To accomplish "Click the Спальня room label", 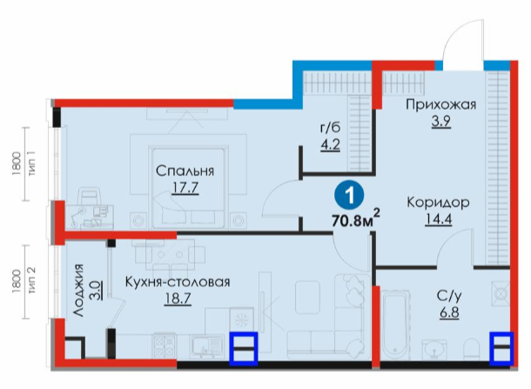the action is [185, 171].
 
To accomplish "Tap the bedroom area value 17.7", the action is [185, 188].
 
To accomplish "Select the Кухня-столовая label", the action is [178, 282].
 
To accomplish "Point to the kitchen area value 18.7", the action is [178, 298].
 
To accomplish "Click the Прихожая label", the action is [441, 105].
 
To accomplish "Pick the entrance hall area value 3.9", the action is [441, 121].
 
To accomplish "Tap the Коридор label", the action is [438, 203].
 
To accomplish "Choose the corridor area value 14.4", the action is [438, 219].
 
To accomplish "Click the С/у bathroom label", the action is [449, 296].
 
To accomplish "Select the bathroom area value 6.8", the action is [449, 312].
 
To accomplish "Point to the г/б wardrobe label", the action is [330, 128].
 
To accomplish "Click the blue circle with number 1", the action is [349, 195].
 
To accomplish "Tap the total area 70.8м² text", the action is [355, 220].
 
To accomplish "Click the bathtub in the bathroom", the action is [394, 324].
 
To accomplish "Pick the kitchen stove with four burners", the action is [165, 345].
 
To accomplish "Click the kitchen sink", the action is [206, 346].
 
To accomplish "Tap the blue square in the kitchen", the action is [244, 349].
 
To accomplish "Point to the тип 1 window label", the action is [32, 164].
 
